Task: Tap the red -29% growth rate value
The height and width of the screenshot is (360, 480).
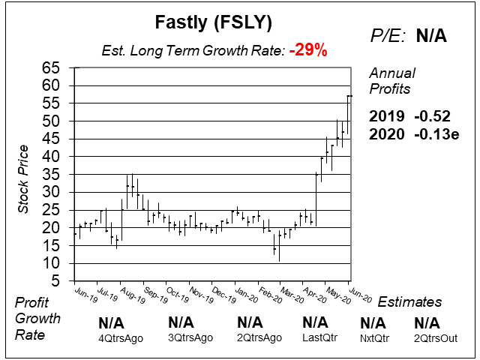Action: pos(309,51)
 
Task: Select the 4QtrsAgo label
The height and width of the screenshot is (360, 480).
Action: pos(121,338)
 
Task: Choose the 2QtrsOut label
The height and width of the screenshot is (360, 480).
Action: pos(436,338)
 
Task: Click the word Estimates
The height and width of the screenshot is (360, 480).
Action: pos(409,302)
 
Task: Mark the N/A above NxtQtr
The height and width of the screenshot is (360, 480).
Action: pos(373,323)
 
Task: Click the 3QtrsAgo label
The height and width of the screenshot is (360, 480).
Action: pos(190,338)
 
